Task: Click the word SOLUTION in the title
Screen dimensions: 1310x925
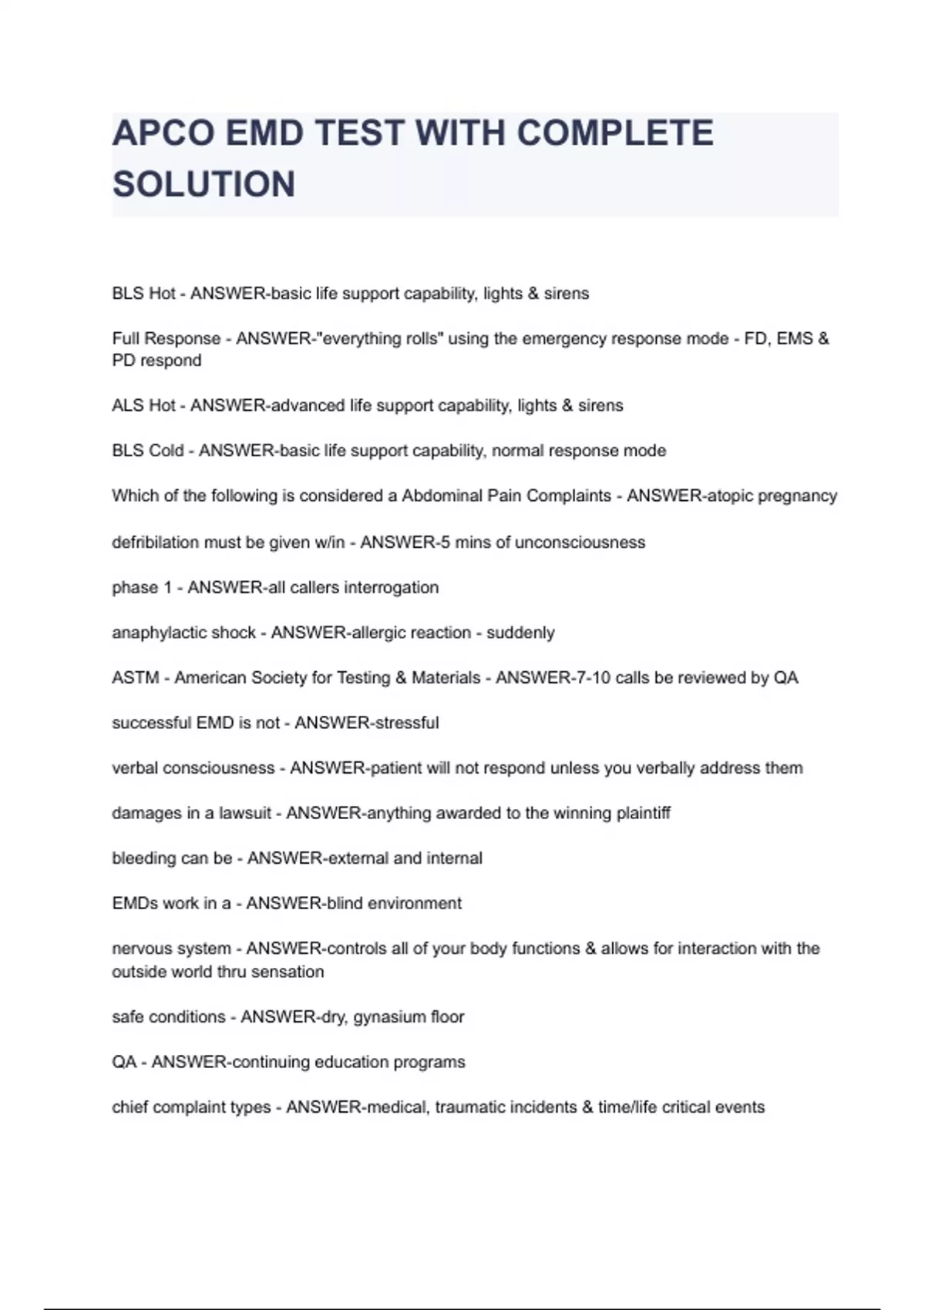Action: click(203, 184)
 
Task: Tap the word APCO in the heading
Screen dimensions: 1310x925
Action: click(163, 133)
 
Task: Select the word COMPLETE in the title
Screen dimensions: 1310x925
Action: click(615, 133)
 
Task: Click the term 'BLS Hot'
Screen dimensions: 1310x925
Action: click(143, 294)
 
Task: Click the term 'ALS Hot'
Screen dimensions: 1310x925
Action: click(143, 405)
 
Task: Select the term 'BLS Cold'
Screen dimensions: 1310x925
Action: click(148, 451)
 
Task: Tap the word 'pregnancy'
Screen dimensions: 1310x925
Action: click(797, 496)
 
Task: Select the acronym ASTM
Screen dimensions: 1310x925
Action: click(136, 678)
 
